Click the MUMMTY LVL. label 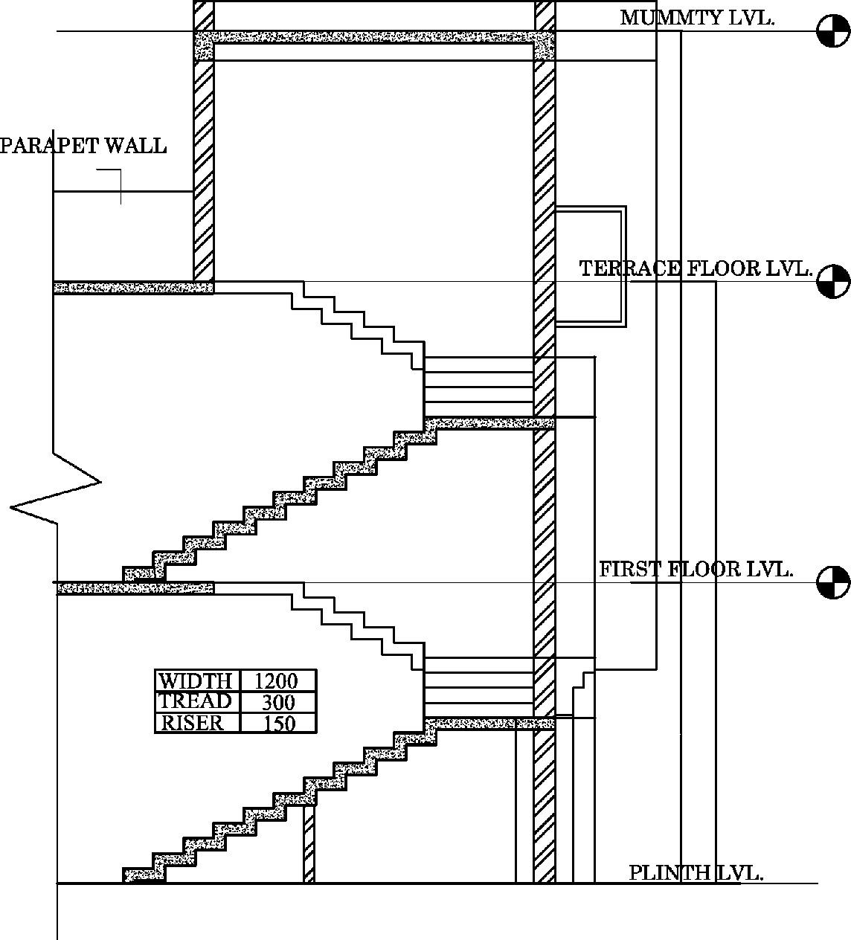point(697,18)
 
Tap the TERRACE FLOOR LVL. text point(695,268)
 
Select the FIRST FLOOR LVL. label point(696,570)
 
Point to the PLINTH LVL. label point(696,872)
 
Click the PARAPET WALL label point(83,146)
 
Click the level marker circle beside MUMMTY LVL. point(833,31)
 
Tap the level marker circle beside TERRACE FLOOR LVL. point(833,281)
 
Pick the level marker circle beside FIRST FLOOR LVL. point(833,582)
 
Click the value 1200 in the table point(276,680)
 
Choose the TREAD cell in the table point(196,701)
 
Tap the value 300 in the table point(278,702)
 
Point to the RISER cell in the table point(192,723)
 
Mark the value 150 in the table point(280,723)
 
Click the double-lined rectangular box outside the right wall point(591,266)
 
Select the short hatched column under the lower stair point(309,844)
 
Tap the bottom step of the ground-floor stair point(143,875)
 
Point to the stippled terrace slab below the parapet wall point(132,288)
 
